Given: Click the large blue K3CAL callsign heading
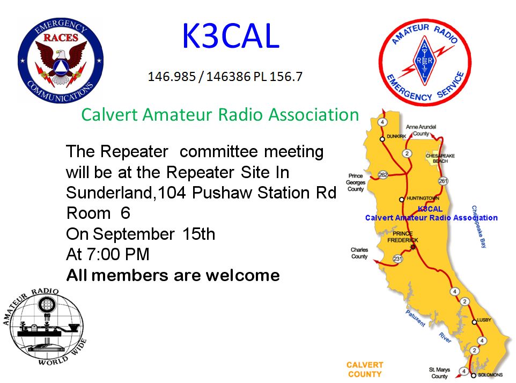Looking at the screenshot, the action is click(x=231, y=36).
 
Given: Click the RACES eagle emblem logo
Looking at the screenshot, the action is click(x=61, y=60).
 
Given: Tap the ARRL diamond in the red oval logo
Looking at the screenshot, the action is click(x=424, y=61).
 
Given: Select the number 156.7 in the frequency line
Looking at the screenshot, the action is click(x=286, y=77).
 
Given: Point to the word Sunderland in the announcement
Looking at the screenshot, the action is click(x=109, y=193).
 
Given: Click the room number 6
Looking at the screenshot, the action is click(x=126, y=213).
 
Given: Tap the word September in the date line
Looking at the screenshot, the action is click(x=134, y=234).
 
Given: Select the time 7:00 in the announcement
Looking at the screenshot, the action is click(x=101, y=254).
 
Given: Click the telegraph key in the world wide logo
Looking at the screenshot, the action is click(x=46, y=329).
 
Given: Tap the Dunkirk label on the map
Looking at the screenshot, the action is click(x=396, y=136).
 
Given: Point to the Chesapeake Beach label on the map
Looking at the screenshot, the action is click(x=440, y=158).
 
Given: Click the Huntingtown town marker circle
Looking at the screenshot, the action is click(x=401, y=200).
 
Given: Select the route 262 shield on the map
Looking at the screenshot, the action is click(x=383, y=175).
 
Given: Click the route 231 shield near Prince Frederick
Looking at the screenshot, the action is click(x=398, y=259).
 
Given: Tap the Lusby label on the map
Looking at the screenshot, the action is click(x=484, y=320).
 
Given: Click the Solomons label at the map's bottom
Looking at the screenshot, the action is click(x=490, y=375).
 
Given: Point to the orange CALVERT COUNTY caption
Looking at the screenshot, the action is click(x=365, y=370).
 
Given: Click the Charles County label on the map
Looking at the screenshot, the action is click(x=359, y=253).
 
